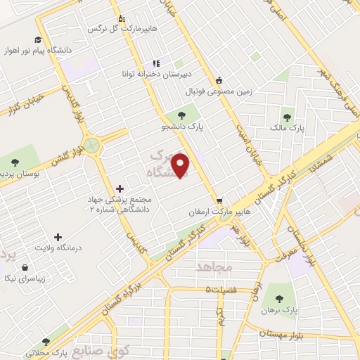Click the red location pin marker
point(182,165)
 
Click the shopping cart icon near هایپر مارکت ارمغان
point(220,200)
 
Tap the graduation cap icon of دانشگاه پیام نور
point(36,39)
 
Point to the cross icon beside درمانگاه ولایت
point(58,238)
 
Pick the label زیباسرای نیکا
point(25,278)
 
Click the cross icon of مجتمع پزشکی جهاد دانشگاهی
point(119,188)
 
